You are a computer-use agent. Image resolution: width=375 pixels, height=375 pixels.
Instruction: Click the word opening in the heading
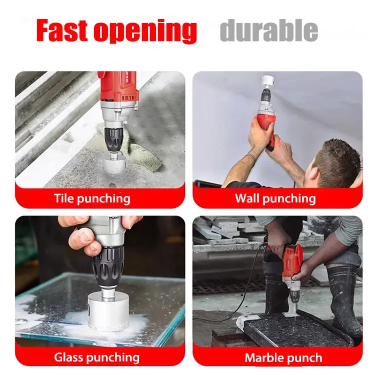point(145,32)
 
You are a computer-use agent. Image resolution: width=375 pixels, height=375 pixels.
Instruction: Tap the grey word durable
point(269,30)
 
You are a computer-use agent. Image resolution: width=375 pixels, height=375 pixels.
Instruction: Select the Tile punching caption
point(92,198)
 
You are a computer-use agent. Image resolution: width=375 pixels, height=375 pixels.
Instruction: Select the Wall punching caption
point(275,198)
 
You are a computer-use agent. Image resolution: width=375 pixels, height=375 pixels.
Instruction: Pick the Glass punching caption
point(96,357)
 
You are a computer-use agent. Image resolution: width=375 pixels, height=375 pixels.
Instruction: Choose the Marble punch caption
point(283,358)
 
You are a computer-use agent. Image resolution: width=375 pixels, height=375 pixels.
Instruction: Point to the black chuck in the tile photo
point(114,140)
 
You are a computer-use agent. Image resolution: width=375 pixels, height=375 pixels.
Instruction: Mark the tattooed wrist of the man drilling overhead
point(250,157)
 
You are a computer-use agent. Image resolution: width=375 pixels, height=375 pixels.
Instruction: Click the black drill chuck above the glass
point(108,266)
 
